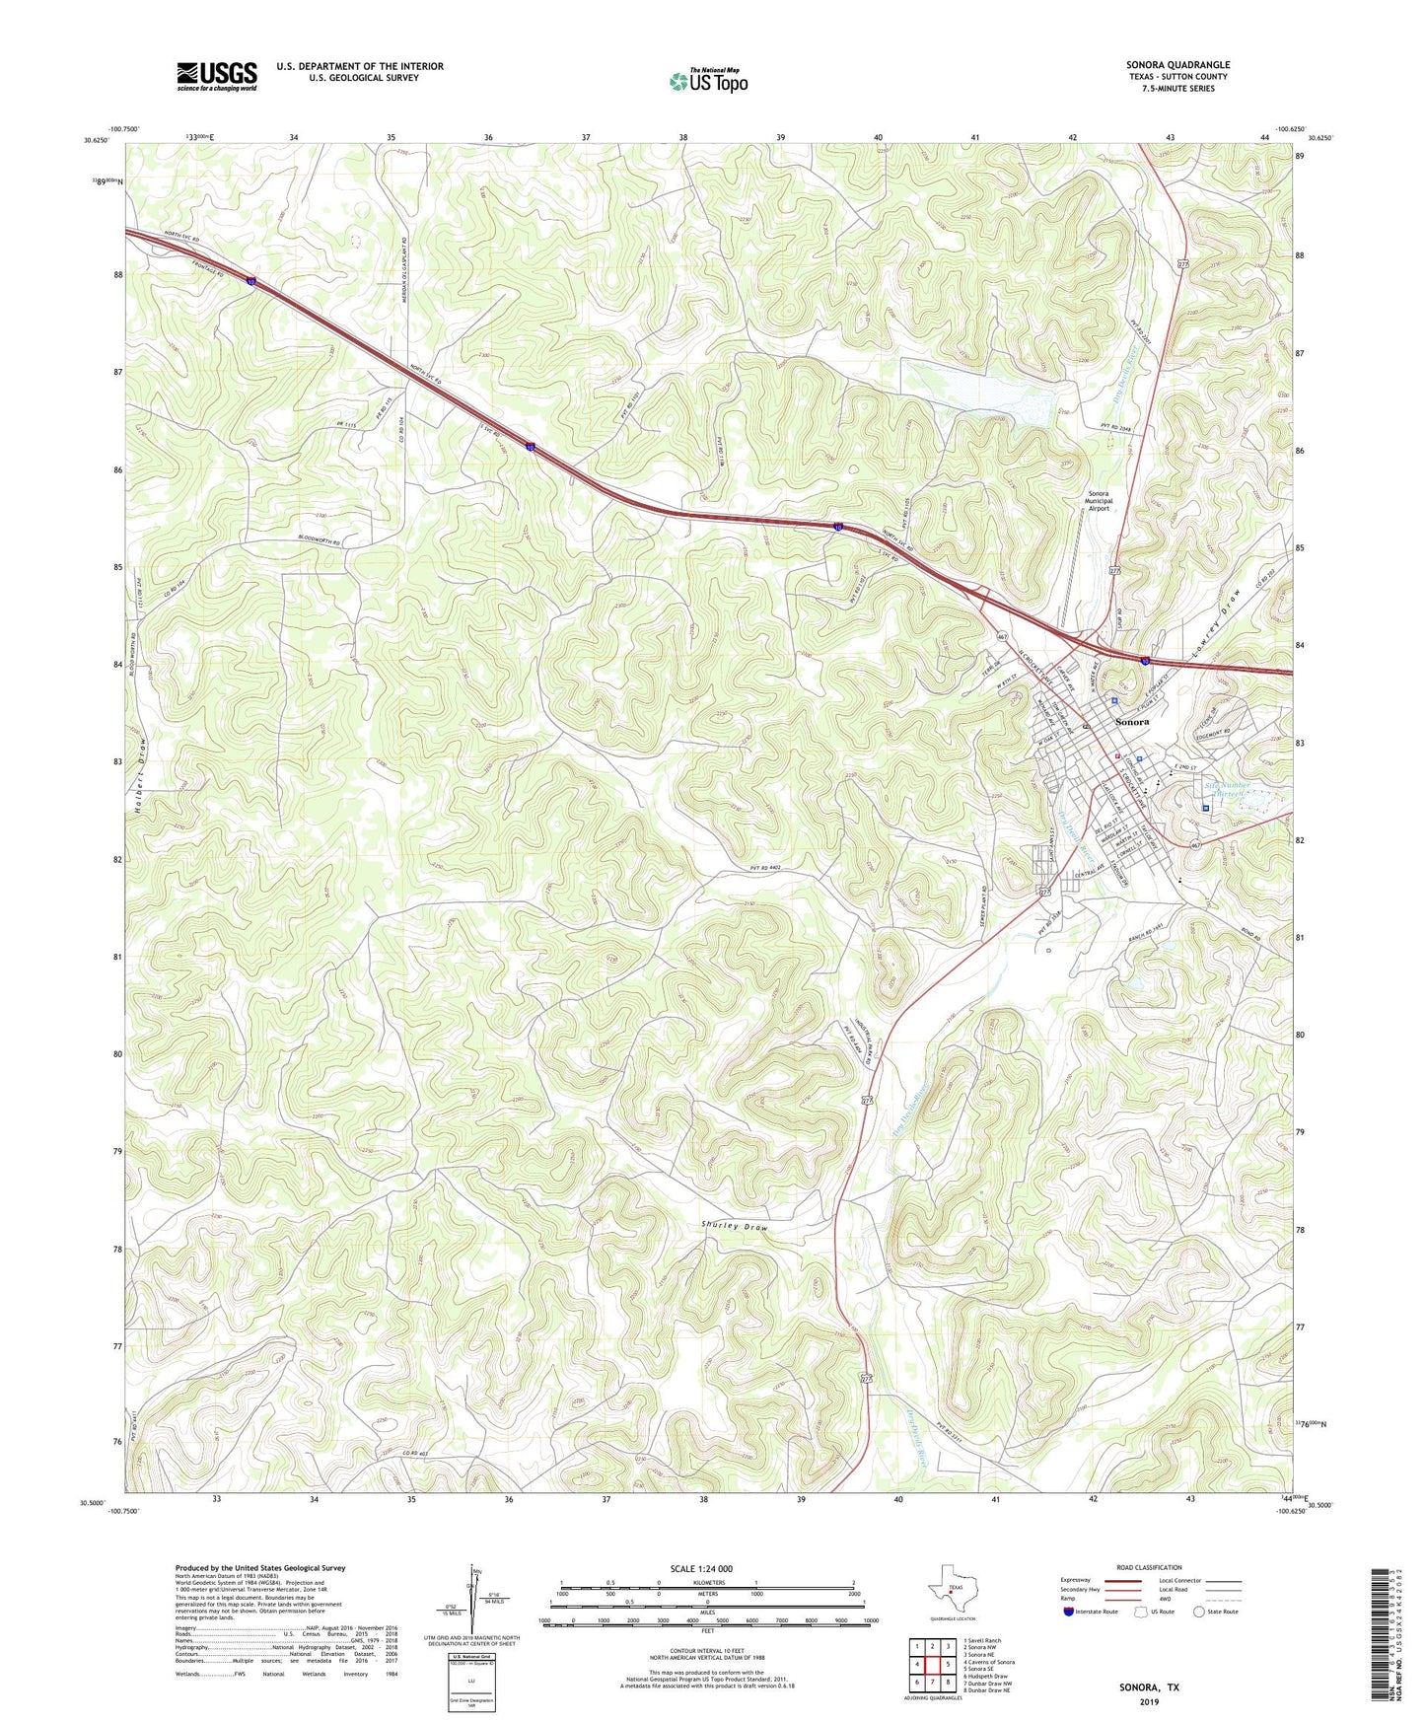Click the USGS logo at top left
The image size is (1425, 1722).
(x=216, y=76)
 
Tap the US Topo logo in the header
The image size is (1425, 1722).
(x=708, y=80)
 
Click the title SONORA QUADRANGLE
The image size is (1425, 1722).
(x=1177, y=65)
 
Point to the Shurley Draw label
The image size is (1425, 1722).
(x=734, y=1228)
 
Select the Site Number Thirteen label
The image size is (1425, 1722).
(x=1227, y=790)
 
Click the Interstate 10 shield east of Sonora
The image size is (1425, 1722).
(x=1145, y=660)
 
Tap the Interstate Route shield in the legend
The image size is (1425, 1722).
(x=1069, y=1612)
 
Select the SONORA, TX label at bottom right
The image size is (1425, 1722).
(x=1148, y=1687)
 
